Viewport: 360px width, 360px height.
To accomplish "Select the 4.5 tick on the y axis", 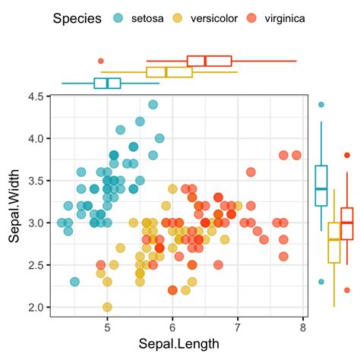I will (x=34, y=96).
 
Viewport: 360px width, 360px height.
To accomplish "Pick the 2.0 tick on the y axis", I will (x=34, y=307).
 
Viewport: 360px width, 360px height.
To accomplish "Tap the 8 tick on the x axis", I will (x=303, y=327).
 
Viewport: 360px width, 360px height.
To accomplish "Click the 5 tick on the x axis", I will (x=106, y=327).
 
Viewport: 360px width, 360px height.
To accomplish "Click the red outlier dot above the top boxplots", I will (x=101, y=61).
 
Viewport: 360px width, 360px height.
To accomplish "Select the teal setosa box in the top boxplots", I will (x=107, y=83).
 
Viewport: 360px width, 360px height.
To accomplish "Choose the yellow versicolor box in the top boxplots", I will (x=167, y=72).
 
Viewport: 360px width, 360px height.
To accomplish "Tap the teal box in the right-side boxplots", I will (x=321, y=185).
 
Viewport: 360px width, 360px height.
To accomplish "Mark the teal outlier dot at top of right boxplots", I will (x=321, y=105).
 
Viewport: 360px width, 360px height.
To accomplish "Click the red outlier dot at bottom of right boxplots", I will (x=347, y=289).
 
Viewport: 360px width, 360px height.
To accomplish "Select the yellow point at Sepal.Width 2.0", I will (x=107, y=307).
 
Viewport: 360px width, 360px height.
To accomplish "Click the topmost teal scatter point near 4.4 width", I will (x=153, y=105).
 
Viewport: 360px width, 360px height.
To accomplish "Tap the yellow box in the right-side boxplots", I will (x=334, y=242).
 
